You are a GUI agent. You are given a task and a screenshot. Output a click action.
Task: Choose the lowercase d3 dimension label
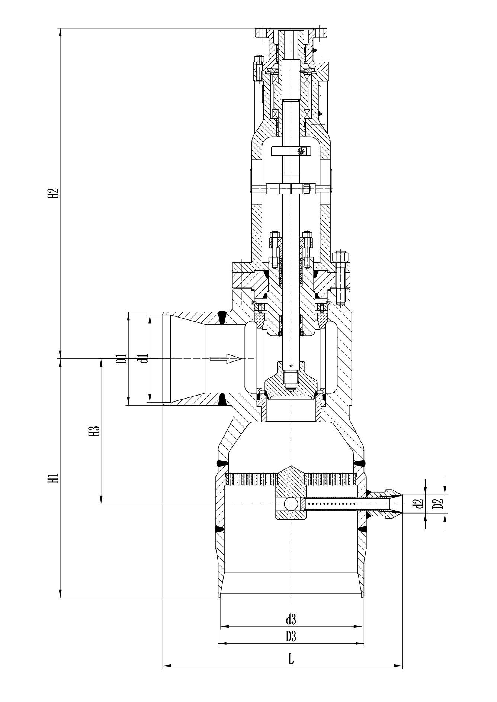291,619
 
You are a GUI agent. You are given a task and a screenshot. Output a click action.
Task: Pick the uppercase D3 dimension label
291,637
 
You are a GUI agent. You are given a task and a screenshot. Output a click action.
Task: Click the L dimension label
291,659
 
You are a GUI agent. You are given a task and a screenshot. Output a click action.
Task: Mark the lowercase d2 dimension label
419,504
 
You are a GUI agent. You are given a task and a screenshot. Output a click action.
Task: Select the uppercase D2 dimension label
439,504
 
